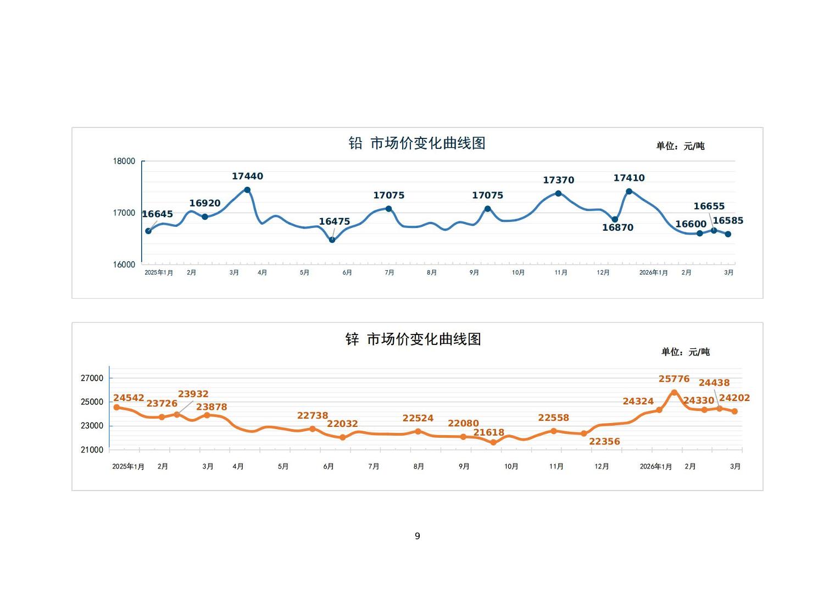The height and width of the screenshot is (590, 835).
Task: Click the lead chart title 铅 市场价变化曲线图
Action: [x=417, y=143]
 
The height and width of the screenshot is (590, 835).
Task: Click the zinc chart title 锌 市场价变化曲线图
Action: [x=413, y=339]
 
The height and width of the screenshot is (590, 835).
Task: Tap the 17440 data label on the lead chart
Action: [x=247, y=176]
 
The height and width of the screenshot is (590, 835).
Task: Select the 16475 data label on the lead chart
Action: [x=334, y=222]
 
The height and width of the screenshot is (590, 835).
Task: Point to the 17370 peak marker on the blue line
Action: [x=558, y=193]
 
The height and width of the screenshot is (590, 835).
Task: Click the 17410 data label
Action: [x=629, y=178]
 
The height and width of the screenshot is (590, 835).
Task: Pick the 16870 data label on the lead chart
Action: [x=617, y=227]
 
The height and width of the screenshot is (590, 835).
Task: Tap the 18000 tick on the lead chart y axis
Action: [x=124, y=161]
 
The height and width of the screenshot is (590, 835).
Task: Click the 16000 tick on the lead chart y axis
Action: [x=124, y=265]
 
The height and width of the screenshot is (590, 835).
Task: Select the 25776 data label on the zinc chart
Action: [x=674, y=379]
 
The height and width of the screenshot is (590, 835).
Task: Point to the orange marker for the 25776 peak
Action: [x=674, y=392]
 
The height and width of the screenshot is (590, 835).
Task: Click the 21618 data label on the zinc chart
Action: [x=488, y=433]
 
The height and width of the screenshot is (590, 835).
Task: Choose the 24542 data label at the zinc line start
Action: [x=129, y=398]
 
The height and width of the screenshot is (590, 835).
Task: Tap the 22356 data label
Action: [x=604, y=442]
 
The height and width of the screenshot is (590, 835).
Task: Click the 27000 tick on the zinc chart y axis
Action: [x=92, y=378]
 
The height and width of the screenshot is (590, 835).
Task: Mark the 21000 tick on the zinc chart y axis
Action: [x=92, y=450]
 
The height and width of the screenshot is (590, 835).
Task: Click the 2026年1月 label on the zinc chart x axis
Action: [x=655, y=466]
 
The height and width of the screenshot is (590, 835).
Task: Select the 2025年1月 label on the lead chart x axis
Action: [x=159, y=272]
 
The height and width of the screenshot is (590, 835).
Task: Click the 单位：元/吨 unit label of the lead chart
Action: [x=680, y=146]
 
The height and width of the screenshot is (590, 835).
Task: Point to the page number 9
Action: [x=417, y=536]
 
